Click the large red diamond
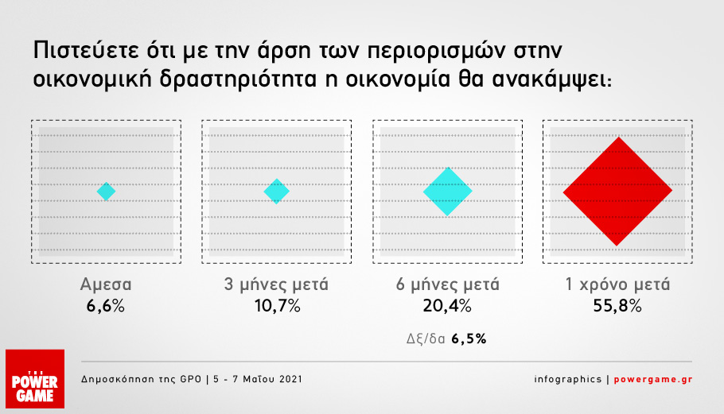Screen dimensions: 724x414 point(617,191)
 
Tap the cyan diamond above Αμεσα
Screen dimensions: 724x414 point(106,192)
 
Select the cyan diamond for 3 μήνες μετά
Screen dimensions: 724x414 point(277,191)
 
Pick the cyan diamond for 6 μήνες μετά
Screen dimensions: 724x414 point(447,192)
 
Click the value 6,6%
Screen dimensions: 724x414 point(106,306)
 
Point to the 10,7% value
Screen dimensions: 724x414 point(278,306)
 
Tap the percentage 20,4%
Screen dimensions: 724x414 point(447,306)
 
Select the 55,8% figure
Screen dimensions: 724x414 point(617,306)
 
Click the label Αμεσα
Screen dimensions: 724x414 point(106,284)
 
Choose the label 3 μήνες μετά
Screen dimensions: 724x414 point(276,284)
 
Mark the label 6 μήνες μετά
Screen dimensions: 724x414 point(447,284)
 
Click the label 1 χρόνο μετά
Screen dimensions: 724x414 point(618,284)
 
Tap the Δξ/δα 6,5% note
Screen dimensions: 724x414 point(446,339)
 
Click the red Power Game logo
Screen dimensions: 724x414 point(35,379)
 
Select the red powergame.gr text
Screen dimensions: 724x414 point(653,379)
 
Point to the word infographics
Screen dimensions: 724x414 point(568,379)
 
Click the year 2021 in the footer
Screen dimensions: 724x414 point(290,379)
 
